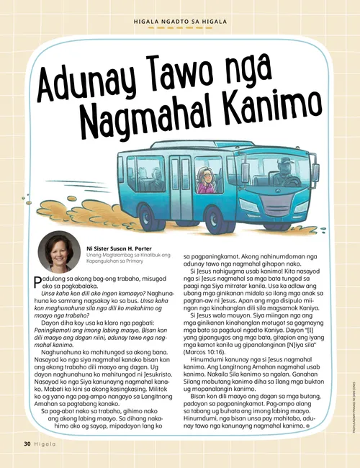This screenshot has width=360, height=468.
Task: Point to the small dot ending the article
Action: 307,426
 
